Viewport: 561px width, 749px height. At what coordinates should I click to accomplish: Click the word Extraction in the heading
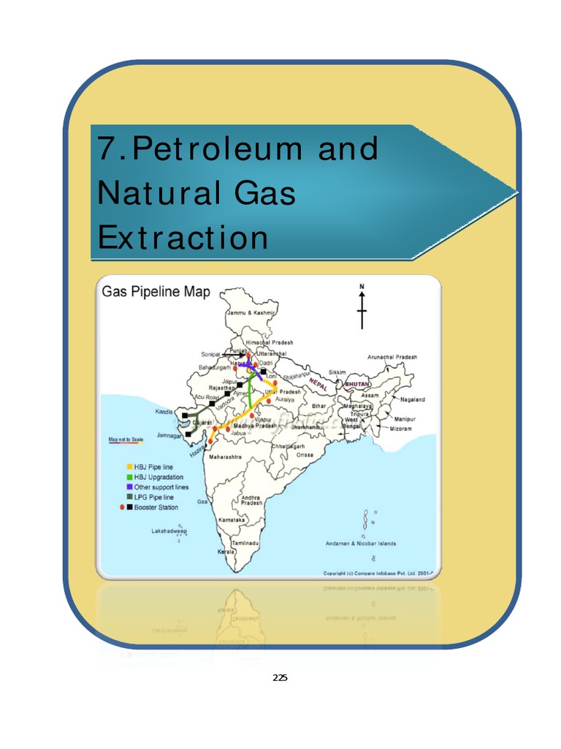(x=183, y=237)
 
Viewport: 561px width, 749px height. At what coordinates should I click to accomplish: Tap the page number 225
(x=280, y=678)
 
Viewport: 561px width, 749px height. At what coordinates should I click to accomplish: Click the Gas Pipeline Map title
(x=156, y=293)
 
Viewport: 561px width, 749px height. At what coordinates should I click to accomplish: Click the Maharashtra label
(x=226, y=458)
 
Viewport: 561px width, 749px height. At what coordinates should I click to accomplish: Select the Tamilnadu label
(x=246, y=544)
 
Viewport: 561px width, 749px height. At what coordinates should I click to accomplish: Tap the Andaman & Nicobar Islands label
(x=361, y=543)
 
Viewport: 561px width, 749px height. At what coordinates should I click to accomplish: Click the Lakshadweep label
(x=169, y=531)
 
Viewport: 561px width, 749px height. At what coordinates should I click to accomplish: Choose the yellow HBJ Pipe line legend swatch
(x=129, y=467)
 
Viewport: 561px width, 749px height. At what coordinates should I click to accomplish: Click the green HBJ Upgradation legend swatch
(x=129, y=477)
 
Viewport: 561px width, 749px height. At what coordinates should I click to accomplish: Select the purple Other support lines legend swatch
(x=129, y=487)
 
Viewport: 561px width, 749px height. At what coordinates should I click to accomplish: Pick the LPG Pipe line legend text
(x=153, y=497)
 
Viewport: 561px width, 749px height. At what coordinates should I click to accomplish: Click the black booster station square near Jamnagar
(x=188, y=434)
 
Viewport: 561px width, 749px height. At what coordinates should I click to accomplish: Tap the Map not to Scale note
(x=126, y=439)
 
